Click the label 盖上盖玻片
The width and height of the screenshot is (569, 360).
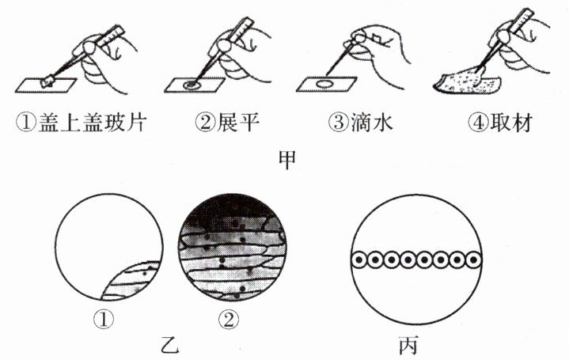tap(91, 123)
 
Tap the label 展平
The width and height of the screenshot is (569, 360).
tap(238, 123)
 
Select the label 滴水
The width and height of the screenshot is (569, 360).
tap(372, 123)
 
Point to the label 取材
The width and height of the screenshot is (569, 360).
tap(511, 123)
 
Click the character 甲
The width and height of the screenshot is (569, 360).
tap(287, 160)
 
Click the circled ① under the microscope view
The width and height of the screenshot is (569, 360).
tap(104, 320)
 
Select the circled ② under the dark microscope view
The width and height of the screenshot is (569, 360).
tap(229, 320)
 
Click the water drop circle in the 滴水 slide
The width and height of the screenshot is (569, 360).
tap(324, 84)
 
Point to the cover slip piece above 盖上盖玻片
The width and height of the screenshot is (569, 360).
tap(48, 81)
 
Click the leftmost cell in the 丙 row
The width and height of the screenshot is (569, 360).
tap(359, 260)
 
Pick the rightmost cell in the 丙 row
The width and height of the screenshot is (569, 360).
tap(473, 260)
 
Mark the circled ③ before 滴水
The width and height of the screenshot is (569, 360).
tap(338, 123)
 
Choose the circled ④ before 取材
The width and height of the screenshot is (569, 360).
tap(477, 123)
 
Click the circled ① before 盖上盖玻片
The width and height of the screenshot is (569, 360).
tap(26, 123)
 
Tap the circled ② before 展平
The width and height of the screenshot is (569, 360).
tap(205, 123)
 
